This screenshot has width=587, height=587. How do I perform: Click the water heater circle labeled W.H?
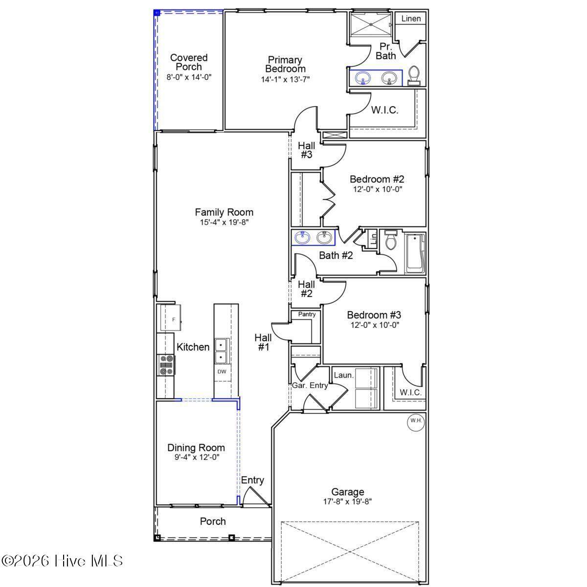coord(416,421)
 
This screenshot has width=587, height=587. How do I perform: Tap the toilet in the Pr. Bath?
coord(414,75)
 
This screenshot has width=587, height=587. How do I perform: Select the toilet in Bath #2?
coord(390,240)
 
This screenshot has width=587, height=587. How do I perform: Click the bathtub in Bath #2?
coord(415,253)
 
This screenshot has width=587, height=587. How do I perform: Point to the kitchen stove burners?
coord(166,365)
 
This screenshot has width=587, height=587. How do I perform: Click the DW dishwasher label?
coord(222,371)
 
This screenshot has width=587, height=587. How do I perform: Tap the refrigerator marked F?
coord(170,318)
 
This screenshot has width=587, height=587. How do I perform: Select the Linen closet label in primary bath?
coord(411,19)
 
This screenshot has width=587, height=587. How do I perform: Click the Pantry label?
coord(307,315)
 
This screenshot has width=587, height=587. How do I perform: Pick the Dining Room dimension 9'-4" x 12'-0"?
coord(197,457)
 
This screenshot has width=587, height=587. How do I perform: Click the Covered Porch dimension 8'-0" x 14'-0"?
coord(189,77)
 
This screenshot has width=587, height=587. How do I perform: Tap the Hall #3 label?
coord(306,150)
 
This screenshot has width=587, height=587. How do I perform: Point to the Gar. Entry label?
coord(310,385)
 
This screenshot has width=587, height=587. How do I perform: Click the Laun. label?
coord(343,375)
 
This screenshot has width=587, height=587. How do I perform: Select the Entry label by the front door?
coord(252,480)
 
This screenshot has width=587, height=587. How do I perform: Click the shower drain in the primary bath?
coord(371,24)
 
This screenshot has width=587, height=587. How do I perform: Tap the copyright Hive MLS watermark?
coord(62,561)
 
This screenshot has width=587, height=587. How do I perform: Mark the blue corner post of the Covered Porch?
coord(157,13)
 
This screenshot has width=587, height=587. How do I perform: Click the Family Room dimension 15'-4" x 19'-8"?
coord(224,223)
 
